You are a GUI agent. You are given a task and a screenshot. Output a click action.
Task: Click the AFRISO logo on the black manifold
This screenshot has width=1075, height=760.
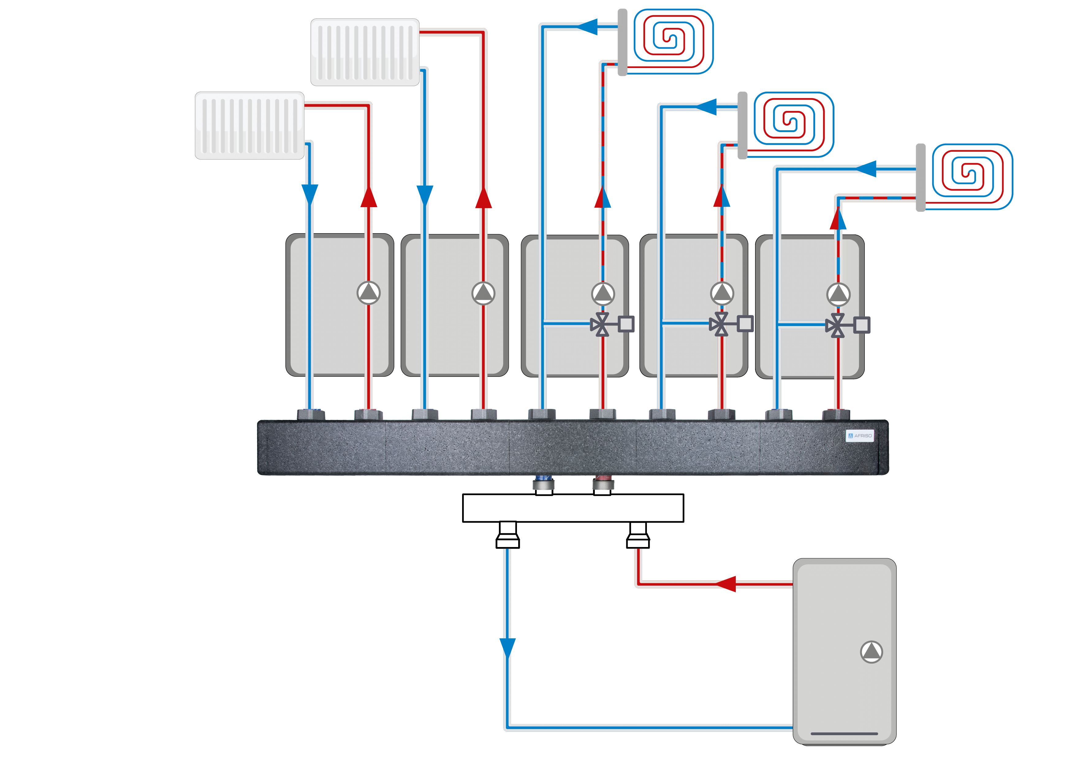click(x=860, y=435)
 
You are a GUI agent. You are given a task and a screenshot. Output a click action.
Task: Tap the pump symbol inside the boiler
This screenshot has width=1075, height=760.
click(x=871, y=652)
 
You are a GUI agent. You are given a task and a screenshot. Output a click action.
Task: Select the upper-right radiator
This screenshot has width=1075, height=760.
click(x=365, y=52)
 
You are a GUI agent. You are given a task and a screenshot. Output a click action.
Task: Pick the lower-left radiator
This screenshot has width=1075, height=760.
click(x=249, y=126)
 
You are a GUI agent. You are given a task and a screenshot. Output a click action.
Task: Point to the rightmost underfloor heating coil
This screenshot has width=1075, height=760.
click(x=972, y=176)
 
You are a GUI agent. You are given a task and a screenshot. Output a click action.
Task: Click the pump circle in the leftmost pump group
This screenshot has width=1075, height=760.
click(x=368, y=293)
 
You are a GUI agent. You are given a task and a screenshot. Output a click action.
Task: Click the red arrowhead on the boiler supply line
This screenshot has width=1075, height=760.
click(x=726, y=584)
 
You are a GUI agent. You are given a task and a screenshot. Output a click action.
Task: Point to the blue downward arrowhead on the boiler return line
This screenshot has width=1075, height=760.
click(x=507, y=648)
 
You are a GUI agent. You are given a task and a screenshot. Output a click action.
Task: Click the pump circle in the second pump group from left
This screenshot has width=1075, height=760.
click(x=483, y=293)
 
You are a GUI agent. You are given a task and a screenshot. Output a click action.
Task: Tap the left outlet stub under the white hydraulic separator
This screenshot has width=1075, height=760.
click(x=507, y=535)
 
